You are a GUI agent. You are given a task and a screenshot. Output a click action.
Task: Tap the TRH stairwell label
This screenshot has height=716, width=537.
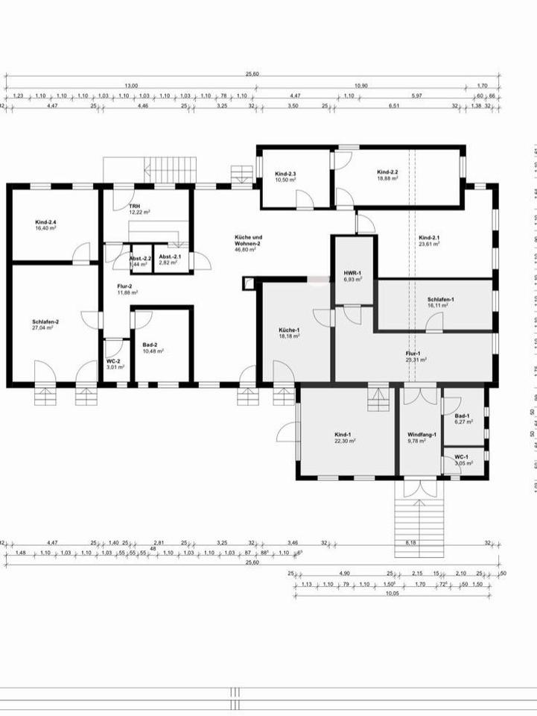pos(134,206)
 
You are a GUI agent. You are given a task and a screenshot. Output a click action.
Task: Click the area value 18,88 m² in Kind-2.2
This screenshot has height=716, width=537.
pos(387,179)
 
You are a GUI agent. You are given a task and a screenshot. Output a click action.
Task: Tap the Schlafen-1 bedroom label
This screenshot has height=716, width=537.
pos(441,299)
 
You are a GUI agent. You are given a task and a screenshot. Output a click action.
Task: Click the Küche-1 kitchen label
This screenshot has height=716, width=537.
pos(289,330)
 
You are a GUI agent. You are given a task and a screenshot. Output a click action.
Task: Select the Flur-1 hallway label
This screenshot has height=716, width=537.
pos(413,354)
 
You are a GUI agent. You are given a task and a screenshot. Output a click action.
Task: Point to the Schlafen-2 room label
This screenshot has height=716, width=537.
pos(46,321)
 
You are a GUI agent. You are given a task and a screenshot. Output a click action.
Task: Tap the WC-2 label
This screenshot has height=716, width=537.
pos(112,361)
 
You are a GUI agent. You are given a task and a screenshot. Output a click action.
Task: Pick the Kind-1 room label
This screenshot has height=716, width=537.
pos(344,436)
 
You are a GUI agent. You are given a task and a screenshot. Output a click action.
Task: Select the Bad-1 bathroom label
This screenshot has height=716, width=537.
pos(462,415)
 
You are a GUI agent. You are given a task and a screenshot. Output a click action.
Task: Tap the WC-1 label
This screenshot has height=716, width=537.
pos(462,456)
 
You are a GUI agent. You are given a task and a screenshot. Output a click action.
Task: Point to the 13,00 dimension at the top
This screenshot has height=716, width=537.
pos(131,86)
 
